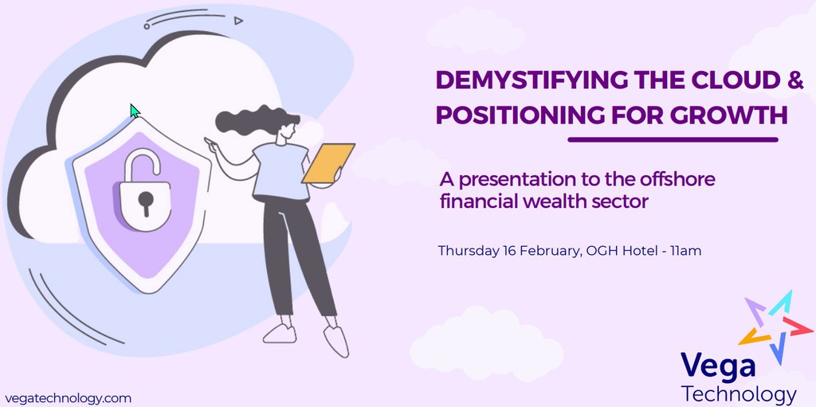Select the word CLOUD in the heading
(732, 80)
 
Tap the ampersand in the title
(795, 80)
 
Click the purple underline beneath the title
(672, 139)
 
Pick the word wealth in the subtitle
(551, 202)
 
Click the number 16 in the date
(510, 251)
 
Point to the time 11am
(685, 251)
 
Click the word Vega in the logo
(718, 367)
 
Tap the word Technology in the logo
(739, 393)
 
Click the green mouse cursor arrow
(135, 111)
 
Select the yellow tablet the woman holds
(328, 163)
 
